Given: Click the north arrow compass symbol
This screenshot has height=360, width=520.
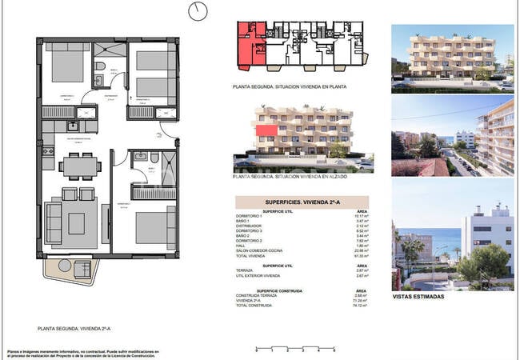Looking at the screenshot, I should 197,10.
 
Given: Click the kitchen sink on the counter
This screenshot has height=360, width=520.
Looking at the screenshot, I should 73,126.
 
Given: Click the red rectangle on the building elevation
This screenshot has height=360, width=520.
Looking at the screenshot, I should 267,129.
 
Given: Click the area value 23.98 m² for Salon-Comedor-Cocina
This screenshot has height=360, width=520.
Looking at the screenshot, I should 361,247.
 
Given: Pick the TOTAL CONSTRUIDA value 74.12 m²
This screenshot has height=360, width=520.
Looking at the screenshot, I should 361,305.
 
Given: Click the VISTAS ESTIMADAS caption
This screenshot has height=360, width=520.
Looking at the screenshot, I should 416,297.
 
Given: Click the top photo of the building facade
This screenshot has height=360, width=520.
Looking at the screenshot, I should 452,55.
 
